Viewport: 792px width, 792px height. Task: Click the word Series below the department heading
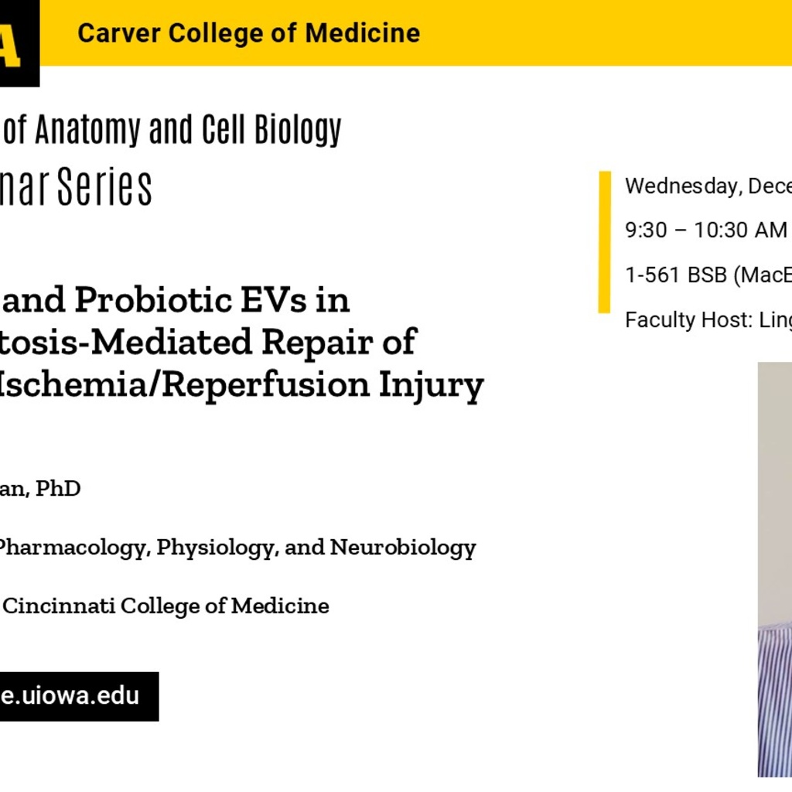(112, 188)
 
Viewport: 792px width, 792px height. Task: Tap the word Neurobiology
(403, 548)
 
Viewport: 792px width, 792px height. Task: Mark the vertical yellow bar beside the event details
(605, 242)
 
